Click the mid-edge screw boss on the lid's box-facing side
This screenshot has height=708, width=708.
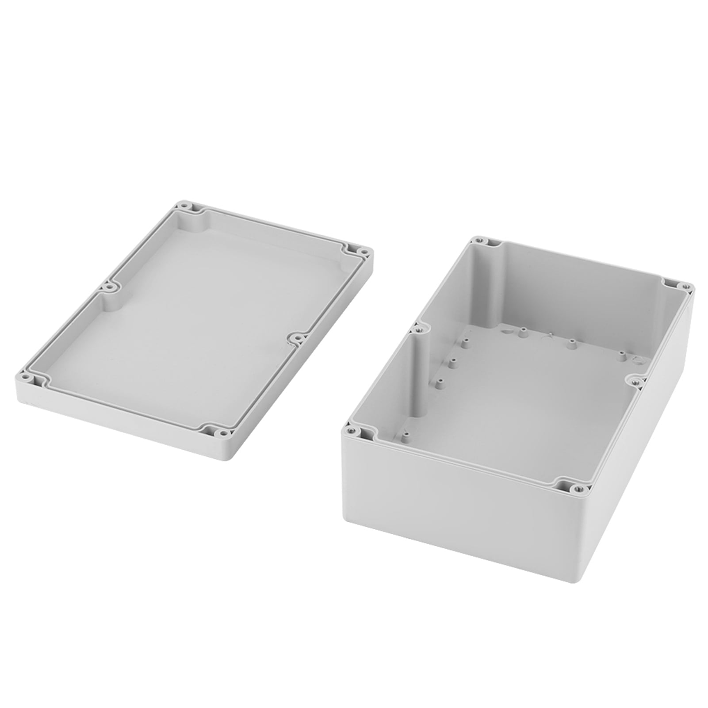coord(299,339)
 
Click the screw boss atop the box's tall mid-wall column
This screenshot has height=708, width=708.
coord(416,329)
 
